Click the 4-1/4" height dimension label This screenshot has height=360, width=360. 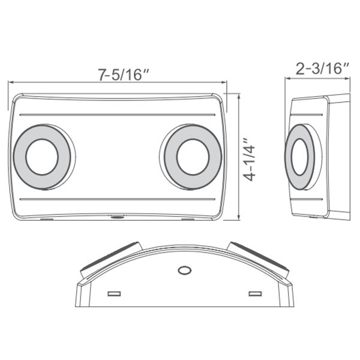click(x=248, y=159)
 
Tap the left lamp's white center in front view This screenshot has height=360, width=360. click(x=41, y=157)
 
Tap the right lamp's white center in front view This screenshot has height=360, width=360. click(x=192, y=157)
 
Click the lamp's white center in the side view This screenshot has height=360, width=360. click(x=298, y=157)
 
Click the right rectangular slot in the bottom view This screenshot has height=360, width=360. click(x=255, y=293)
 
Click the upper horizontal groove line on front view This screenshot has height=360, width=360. click(x=117, y=113)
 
